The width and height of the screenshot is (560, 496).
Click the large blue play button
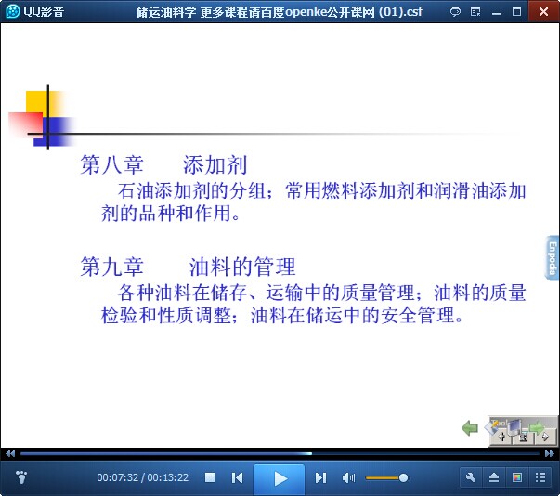pos(280,478)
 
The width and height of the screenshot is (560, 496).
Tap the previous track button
pos(237,477)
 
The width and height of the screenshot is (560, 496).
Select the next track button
pos(320,477)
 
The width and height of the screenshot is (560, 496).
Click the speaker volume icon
pos(348,477)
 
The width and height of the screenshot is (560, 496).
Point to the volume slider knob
pos(403,477)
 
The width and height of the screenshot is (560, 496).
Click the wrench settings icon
pos(471,477)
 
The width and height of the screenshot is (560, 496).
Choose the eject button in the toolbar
pos(494,477)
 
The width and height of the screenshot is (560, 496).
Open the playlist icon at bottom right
pos(540,477)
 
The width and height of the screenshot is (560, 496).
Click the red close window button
pos(543,11)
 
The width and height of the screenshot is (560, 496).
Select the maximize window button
pos(516,12)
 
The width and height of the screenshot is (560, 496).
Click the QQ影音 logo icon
pos(12,11)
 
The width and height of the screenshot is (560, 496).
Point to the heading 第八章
pos(111,165)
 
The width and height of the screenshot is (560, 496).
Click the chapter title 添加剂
pos(215,165)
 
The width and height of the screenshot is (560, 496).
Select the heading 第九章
pos(111,267)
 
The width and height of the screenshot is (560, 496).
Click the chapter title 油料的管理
pos(242,267)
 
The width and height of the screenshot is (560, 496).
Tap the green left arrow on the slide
pos(470,427)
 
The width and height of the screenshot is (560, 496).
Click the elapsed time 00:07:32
pos(118,477)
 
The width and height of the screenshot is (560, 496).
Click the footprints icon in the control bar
pos(21,476)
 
